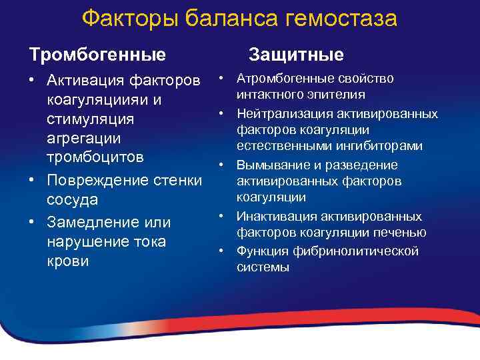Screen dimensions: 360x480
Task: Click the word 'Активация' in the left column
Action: [x=85, y=81]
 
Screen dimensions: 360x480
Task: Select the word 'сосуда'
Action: [x=72, y=200]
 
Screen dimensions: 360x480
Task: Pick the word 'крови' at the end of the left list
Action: [x=67, y=261]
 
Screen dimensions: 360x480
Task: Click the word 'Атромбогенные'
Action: [x=279, y=79]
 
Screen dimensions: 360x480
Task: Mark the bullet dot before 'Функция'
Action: [x=221, y=251]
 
